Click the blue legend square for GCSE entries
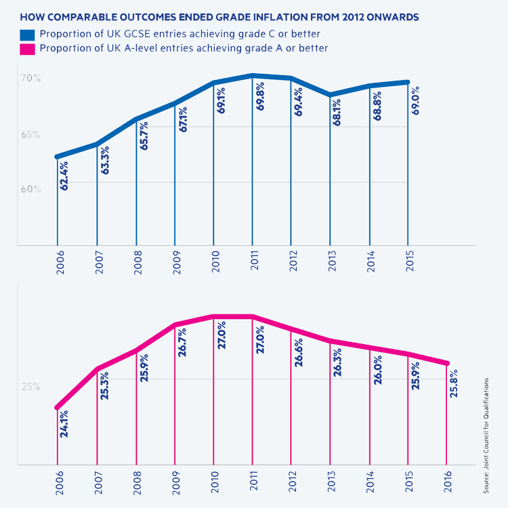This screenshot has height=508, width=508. tap(27, 35)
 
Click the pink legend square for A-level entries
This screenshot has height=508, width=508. tap(27, 48)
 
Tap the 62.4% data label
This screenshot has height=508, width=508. tap(64, 174)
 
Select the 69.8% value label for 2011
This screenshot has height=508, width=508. tap(260, 97)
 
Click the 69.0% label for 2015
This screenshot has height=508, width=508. tap(415, 100)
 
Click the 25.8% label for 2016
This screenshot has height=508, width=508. tap(454, 383)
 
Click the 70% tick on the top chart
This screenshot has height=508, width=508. tap(30, 79)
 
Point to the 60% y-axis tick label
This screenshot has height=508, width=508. tap(30, 189)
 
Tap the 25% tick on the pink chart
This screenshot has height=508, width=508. tap(30, 387)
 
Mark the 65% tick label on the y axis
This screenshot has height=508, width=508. tap(30, 135)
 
